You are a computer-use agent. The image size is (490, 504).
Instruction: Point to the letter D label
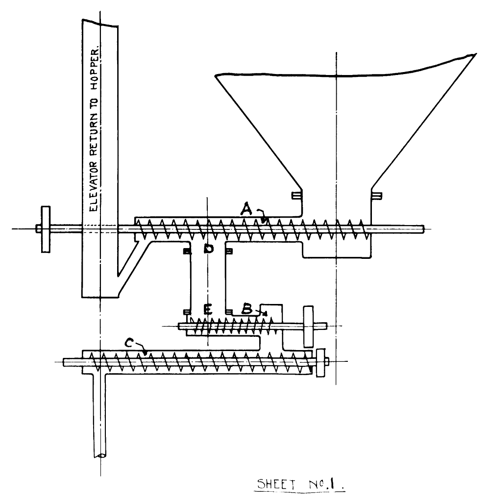tap(209, 250)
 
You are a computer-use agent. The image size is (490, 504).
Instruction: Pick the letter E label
tap(208, 310)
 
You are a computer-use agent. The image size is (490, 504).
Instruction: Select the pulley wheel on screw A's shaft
tap(46, 229)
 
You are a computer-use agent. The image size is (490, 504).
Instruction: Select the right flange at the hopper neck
tap(377, 196)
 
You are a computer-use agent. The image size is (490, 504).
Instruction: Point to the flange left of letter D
tap(187, 252)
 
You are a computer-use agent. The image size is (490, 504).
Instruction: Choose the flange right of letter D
tap(229, 252)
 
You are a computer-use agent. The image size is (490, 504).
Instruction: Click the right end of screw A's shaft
tap(422, 228)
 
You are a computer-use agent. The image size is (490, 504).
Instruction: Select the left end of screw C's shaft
tap(65, 362)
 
